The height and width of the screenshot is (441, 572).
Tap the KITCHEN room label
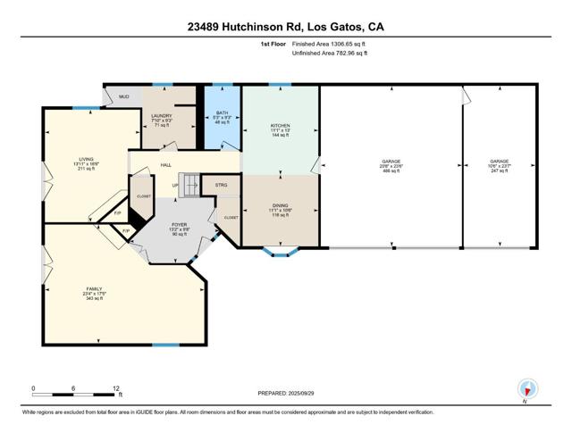coord(281,126)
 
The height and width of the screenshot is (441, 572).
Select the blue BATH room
coord(223,116)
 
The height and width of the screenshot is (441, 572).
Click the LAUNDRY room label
coord(162,116)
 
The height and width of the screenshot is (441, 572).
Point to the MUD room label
coord(124,96)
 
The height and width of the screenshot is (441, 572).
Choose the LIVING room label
coord(86,160)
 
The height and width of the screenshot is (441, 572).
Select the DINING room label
coord(281,205)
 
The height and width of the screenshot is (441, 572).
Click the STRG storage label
coord(221,186)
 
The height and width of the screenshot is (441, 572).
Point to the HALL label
coord(165,165)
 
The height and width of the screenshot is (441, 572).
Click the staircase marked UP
coord(186,183)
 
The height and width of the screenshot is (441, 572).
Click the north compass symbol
coord(527,388)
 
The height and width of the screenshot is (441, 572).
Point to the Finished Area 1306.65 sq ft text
coord(329,43)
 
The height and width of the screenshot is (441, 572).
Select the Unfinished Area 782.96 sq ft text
coord(329,54)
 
